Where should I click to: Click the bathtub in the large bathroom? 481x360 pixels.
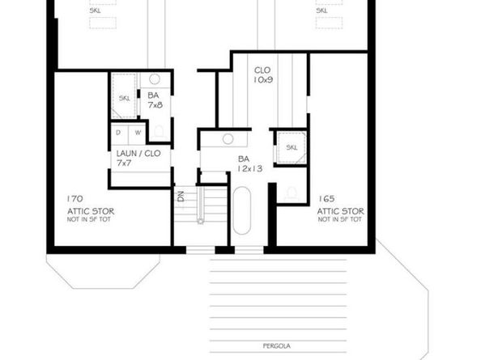coord(242,211)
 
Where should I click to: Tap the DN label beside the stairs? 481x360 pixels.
coord(180,195)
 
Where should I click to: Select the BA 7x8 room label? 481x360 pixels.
coord(155,99)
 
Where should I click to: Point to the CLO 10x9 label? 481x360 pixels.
coord(263,75)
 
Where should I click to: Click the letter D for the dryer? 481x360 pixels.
coord(118,132)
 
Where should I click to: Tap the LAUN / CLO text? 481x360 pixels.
coord(138,153)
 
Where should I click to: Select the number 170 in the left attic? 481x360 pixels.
coord(77,197)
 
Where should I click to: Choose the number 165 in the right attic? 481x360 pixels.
coord(328,197)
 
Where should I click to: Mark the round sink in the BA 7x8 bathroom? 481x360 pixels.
coord(156,79)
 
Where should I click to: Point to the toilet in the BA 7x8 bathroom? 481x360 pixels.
coord(160,129)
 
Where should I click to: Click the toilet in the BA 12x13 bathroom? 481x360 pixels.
coord(292,193)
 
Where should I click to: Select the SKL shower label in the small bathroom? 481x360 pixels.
coord(125,98)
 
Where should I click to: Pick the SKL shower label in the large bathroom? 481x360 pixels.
coord(292,146)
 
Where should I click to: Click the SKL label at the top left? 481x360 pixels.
coord(96,11)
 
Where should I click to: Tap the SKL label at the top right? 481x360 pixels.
coord(321,11)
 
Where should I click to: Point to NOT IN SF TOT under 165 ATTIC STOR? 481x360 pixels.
coord(341,219)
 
